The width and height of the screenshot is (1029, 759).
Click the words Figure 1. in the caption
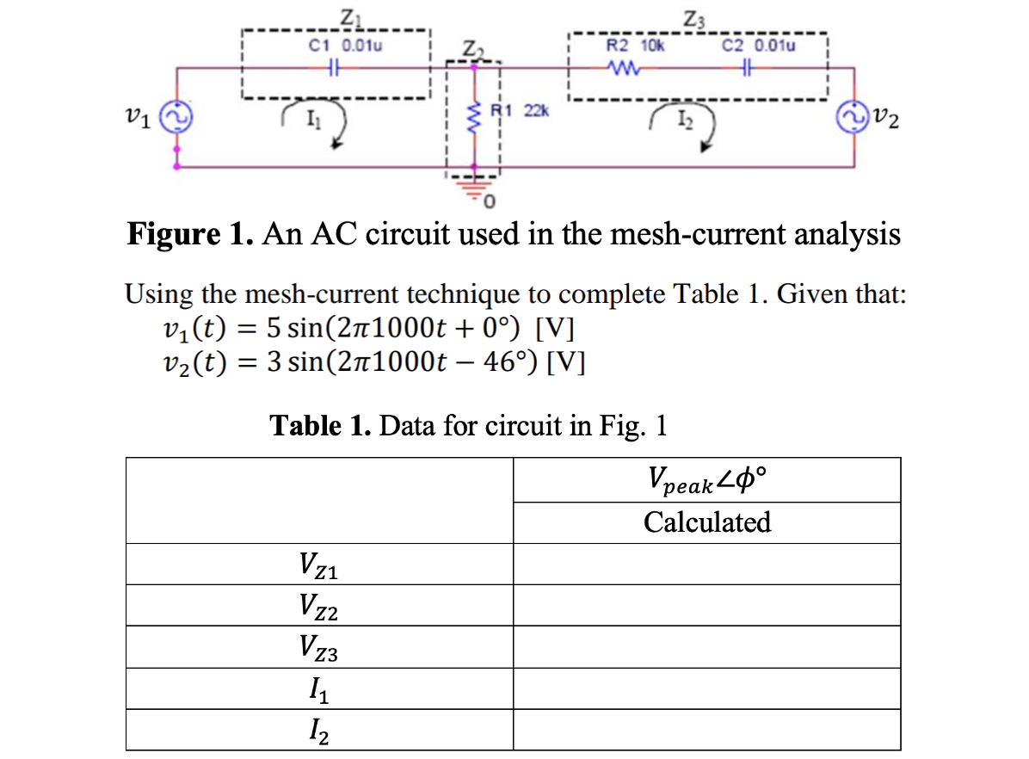coord(188,234)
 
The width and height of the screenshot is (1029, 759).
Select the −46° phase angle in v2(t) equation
coord(492,360)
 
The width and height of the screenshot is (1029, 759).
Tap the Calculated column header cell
coord(706,522)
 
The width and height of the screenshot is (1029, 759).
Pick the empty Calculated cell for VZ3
coord(706,648)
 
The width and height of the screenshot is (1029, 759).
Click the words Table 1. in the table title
coord(320,425)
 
